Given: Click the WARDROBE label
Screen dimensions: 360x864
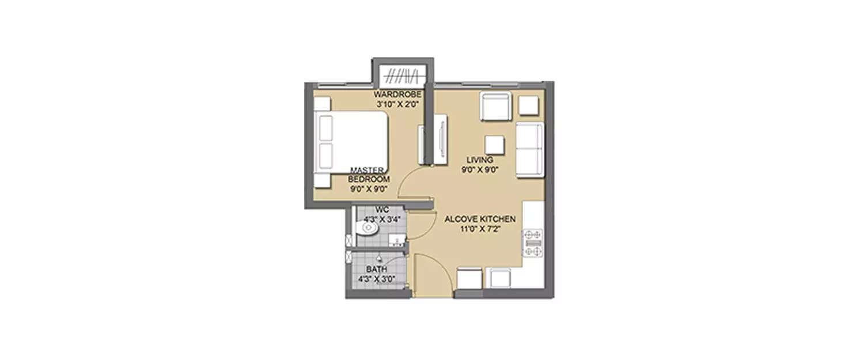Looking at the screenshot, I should coord(397,94).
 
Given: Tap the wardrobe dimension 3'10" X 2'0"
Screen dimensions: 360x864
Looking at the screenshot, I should coord(397,105).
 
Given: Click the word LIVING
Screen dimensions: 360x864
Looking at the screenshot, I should coord(479,160).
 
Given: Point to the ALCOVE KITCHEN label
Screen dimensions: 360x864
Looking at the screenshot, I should coord(479,219).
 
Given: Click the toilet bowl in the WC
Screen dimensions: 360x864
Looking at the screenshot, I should coord(367,230).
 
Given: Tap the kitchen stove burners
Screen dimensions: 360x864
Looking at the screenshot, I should coord(532,243).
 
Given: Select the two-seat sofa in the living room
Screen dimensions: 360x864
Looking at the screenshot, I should coord(529,150).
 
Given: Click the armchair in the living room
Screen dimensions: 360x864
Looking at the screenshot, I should coord(495,107).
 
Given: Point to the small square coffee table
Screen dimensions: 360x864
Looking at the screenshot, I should coord(495,145).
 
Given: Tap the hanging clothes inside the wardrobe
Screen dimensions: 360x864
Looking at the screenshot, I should coord(402,75).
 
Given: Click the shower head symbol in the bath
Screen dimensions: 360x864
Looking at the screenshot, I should coord(380,259).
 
